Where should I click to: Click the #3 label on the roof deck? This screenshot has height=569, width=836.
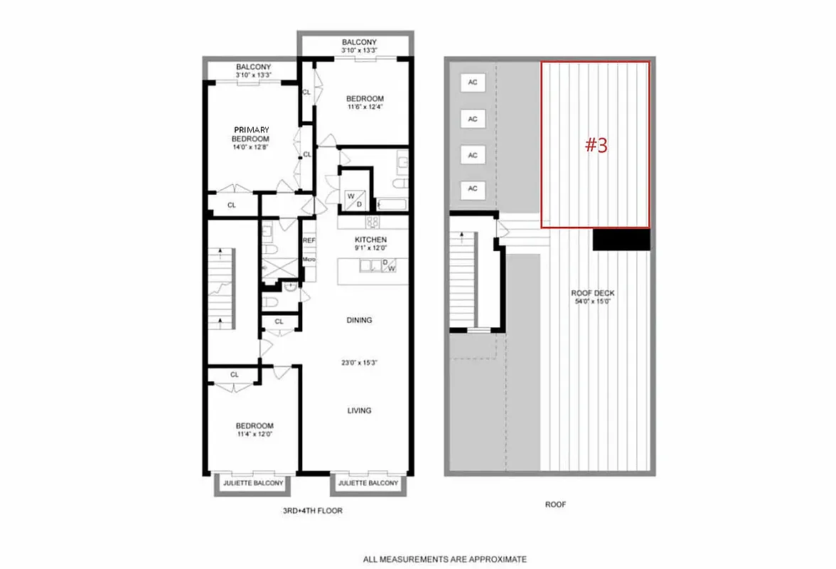596,145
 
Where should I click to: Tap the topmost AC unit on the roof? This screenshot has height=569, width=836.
473,83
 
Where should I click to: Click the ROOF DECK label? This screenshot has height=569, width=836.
593,293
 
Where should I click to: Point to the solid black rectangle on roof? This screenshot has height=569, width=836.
621,239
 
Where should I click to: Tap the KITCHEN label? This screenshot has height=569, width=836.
370,240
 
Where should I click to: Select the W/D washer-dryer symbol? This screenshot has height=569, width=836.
354,200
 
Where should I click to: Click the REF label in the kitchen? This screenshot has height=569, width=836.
309,241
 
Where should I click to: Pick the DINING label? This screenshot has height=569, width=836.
359,320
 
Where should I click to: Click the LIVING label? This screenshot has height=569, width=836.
359,410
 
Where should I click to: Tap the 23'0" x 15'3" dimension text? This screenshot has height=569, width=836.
359,363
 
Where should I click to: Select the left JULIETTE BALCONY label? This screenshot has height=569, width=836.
253,484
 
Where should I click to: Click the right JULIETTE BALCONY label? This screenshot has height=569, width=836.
369,484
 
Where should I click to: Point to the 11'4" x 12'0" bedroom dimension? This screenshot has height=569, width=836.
254,433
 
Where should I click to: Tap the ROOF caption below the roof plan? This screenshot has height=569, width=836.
555,504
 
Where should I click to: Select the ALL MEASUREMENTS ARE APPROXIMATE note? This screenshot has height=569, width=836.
445,559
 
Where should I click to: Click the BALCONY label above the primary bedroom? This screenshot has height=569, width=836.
254,67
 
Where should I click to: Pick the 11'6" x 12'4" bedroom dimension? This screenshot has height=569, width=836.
365,107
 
